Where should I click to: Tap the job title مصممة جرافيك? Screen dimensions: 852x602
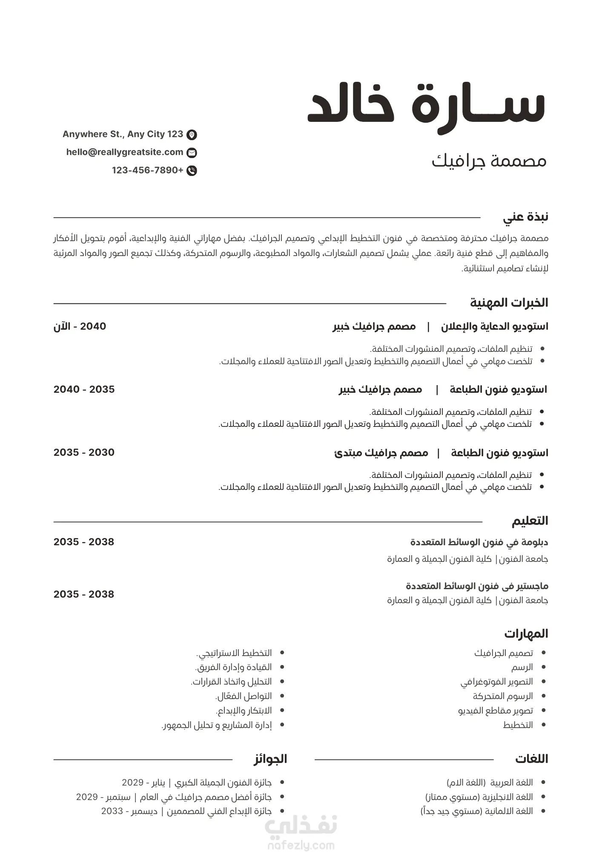click(x=489, y=161)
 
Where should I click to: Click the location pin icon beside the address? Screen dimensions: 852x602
click(x=192, y=135)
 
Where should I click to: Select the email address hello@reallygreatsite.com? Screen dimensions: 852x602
click(x=125, y=153)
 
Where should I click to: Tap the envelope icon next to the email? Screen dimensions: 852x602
click(x=192, y=153)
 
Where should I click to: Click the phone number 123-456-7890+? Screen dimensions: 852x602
click(x=147, y=170)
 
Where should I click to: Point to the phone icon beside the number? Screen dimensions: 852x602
click(x=192, y=171)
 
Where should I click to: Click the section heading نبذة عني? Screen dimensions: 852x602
click(x=525, y=217)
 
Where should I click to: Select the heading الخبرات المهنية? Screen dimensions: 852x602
click(x=509, y=303)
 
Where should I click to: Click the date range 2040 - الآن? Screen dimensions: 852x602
click(x=80, y=327)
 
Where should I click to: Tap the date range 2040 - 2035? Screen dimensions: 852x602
click(x=84, y=389)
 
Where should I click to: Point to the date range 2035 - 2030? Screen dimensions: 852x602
click(x=84, y=452)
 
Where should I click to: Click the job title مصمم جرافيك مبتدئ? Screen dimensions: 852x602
click(x=381, y=453)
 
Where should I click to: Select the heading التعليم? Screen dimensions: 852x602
click(x=530, y=521)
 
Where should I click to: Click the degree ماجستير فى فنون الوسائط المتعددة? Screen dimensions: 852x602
click(x=477, y=586)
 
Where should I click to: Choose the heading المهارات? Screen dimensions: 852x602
click(x=526, y=634)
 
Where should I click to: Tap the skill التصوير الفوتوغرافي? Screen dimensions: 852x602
click(x=496, y=682)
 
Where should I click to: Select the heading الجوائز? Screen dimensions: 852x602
click(x=270, y=759)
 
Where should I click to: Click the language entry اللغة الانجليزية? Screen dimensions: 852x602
click(x=479, y=797)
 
